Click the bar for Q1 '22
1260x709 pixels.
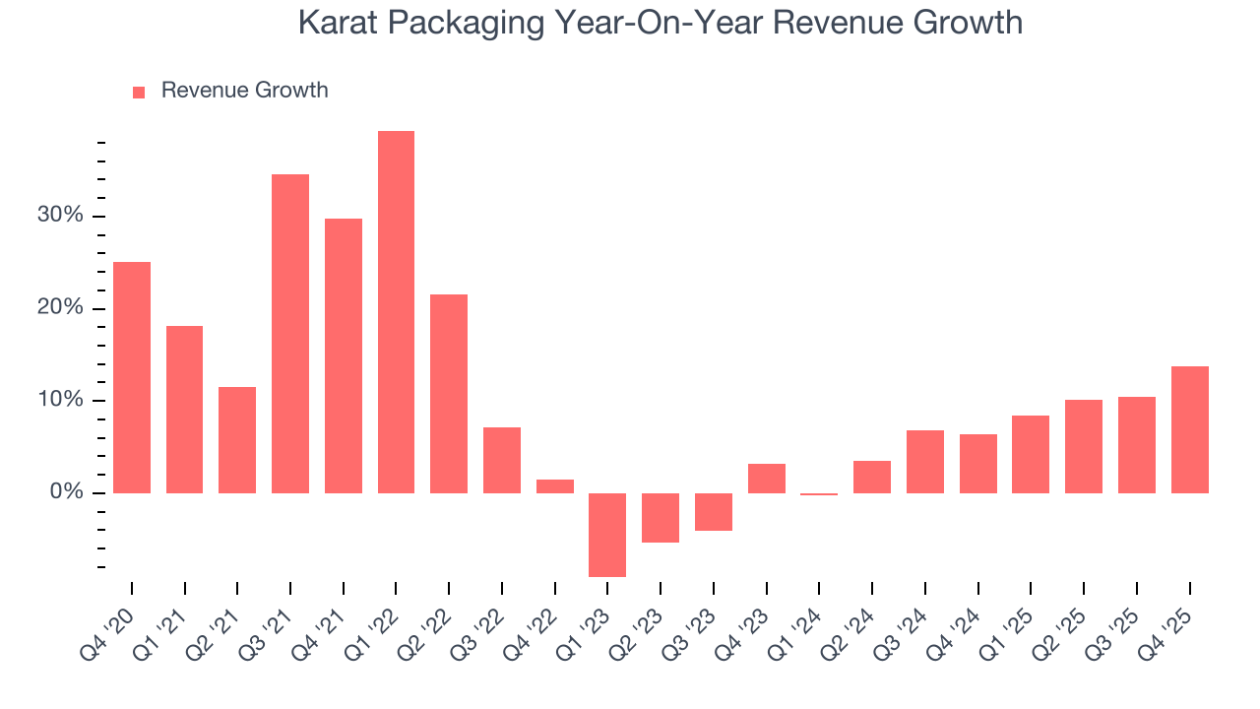click(396, 311)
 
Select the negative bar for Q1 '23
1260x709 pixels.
click(607, 534)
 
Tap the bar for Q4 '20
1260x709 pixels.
click(132, 377)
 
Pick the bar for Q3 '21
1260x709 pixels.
click(290, 333)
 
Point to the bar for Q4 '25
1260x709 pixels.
click(1189, 429)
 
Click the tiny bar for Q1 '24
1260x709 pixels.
click(819, 494)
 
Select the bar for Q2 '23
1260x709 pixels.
click(661, 517)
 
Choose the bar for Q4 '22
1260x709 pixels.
click(555, 485)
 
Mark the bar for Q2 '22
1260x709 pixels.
click(449, 393)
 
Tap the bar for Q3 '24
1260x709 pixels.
click(924, 461)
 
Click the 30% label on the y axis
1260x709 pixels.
click(62, 216)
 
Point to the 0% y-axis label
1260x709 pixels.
click(67, 492)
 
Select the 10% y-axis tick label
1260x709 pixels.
click(62, 400)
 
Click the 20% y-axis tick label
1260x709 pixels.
click(62, 308)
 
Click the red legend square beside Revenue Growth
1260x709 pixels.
click(139, 92)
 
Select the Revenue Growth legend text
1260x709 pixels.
click(244, 91)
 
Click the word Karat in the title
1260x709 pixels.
click(337, 23)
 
